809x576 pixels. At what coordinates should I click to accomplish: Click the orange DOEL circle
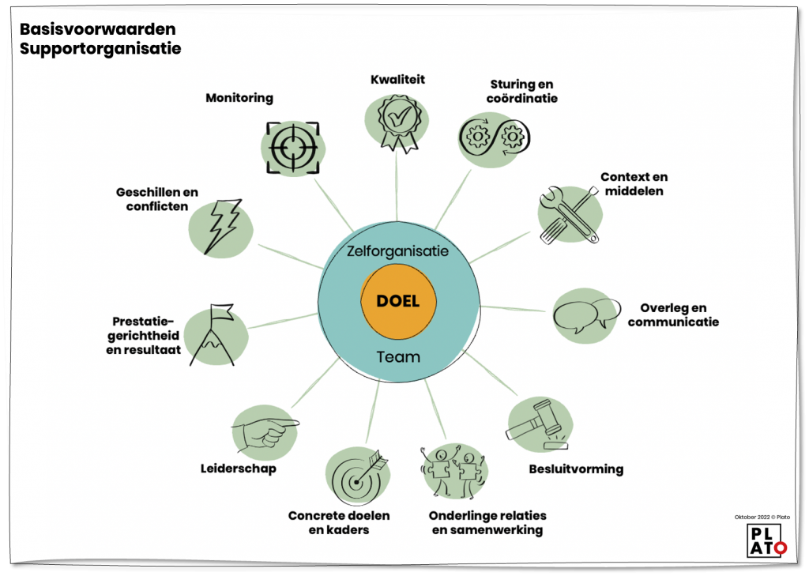tap(398, 302)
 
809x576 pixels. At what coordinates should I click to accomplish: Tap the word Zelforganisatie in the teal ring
tap(398, 251)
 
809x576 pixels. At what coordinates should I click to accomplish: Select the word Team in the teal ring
tap(398, 356)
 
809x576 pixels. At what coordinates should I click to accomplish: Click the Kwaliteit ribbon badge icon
tap(397, 120)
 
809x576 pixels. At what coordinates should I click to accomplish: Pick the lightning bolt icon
tap(221, 225)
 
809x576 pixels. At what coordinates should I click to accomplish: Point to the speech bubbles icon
tap(585, 314)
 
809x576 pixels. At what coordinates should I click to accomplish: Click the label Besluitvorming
tap(576, 469)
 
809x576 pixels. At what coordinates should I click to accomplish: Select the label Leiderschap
tap(239, 469)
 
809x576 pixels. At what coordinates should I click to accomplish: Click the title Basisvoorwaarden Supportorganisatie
tap(100, 39)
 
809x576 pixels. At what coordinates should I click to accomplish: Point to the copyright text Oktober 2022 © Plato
tap(762, 517)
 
